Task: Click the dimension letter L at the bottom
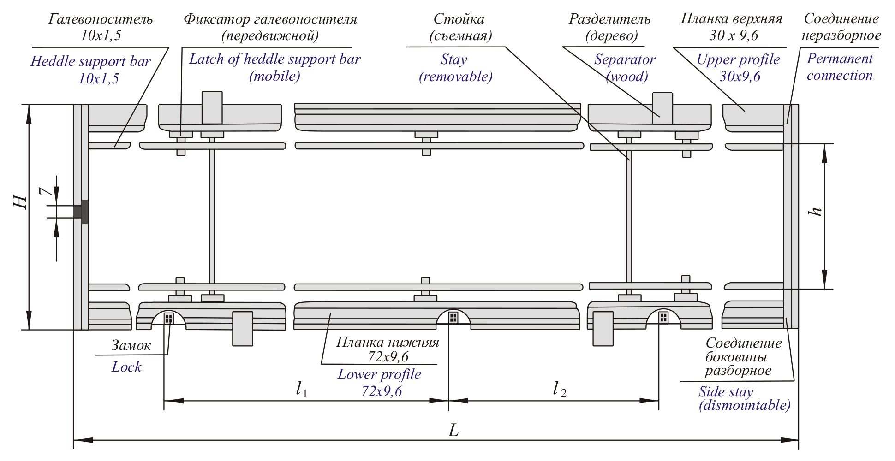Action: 453,430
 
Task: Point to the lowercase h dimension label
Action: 815,211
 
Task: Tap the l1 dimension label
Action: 301,389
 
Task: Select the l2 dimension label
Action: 559,389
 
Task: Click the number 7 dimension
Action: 45,190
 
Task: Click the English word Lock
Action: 126,367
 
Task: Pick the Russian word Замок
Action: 131,345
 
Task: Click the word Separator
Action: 624,59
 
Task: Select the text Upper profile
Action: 738,59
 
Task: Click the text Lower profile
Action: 379,374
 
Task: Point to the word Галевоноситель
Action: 100,19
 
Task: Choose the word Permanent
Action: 840,59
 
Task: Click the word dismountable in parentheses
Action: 745,405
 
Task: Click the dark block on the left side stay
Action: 81,212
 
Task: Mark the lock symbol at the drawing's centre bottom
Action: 453,317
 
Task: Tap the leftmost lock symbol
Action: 169,318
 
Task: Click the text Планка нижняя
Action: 387,342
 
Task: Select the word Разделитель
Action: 609,19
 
